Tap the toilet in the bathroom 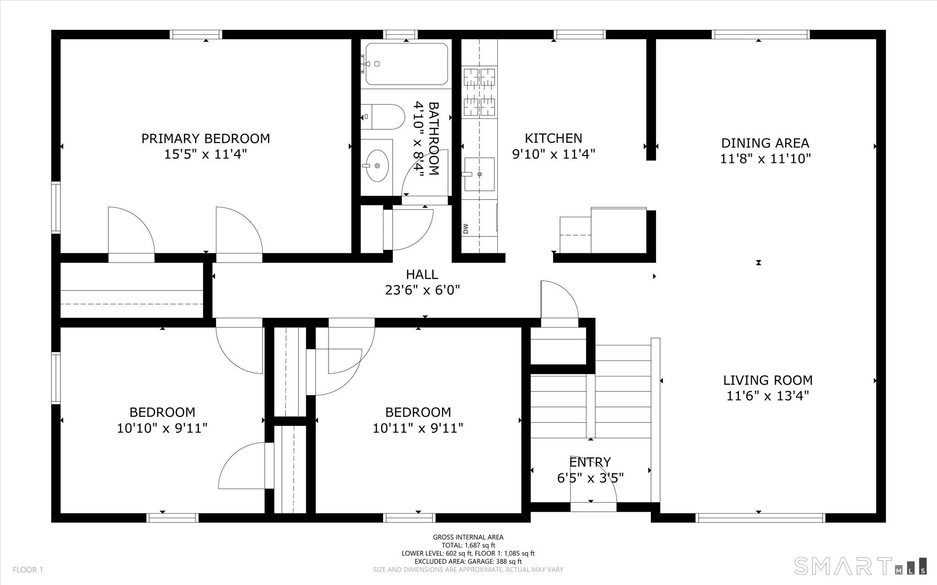[x=382, y=117]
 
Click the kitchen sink [x=479, y=174]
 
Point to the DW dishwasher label [x=466, y=228]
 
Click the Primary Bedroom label [x=205, y=138]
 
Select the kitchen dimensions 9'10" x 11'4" [x=553, y=154]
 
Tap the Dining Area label [x=765, y=143]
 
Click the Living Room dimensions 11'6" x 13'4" [x=768, y=396]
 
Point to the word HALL [x=422, y=274]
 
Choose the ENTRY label [x=590, y=462]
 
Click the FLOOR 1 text [x=27, y=570]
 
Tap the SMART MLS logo [x=861, y=565]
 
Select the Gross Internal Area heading [x=468, y=537]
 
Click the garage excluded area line [x=468, y=562]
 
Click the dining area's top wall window [x=760, y=34]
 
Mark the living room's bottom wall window [x=760, y=518]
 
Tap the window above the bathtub [x=400, y=34]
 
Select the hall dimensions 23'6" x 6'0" [x=422, y=290]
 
